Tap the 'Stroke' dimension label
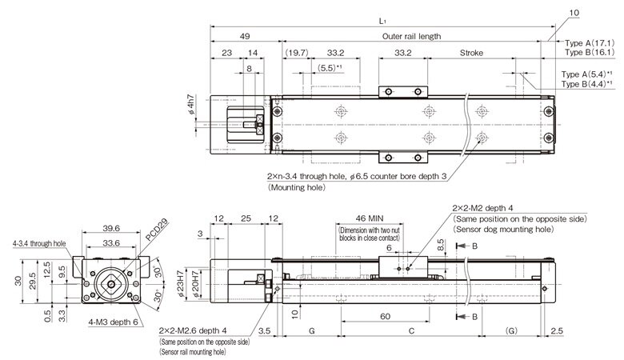click(x=471, y=53)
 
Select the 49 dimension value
click(x=244, y=36)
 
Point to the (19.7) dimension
click(x=296, y=53)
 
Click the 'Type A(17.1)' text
click(x=589, y=42)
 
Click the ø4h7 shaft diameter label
click(x=193, y=106)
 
